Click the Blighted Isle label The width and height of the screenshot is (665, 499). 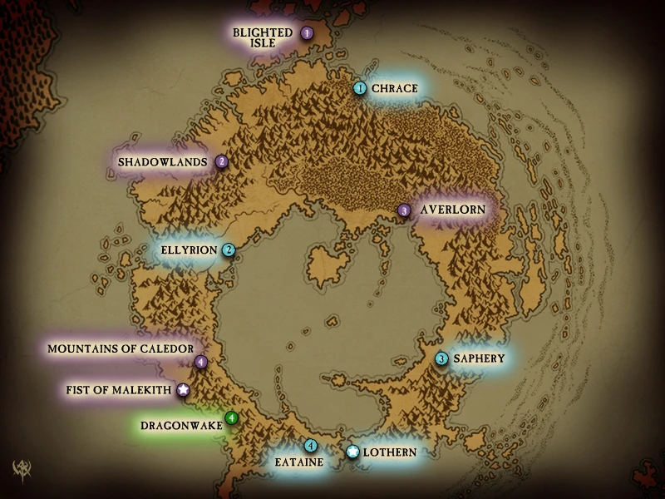[263, 37]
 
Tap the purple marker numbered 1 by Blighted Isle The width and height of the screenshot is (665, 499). [307, 33]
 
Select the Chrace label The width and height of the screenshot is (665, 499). [394, 88]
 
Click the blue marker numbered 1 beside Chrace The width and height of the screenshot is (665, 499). [360, 88]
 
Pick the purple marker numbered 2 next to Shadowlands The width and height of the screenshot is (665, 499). [222, 162]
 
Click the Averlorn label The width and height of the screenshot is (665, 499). [452, 210]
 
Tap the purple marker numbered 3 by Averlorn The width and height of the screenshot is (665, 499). [404, 210]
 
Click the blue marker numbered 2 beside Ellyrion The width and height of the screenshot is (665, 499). [229, 249]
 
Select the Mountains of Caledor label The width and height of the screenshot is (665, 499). [121, 348]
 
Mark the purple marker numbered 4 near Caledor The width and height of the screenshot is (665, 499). [201, 362]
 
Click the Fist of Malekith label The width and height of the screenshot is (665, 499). [118, 389]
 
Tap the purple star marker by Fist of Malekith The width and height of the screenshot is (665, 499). [183, 389]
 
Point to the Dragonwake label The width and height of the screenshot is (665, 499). [181, 426]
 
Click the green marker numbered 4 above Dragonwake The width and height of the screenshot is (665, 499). [232, 417]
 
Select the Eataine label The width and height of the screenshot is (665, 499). [298, 462]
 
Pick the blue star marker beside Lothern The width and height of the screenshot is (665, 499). [352, 452]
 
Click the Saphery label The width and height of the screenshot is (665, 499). [478, 358]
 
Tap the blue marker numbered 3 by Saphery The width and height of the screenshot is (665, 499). [442, 358]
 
